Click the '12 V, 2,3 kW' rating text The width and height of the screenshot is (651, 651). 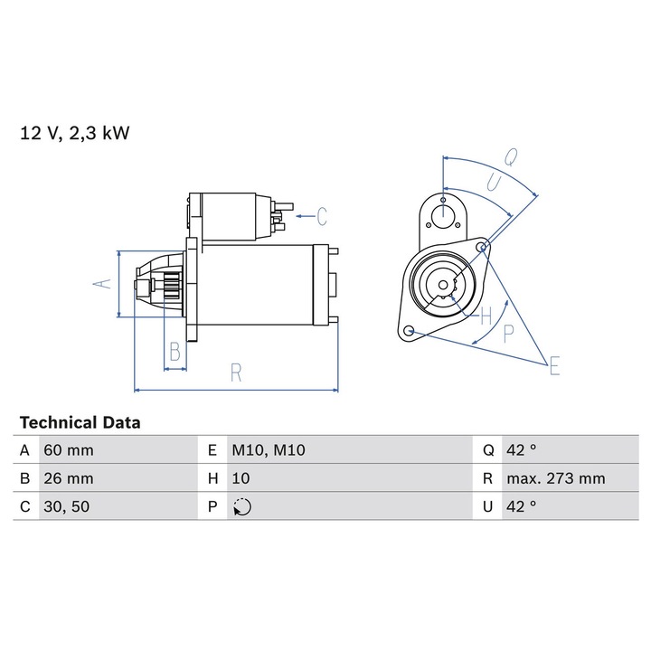click(75, 134)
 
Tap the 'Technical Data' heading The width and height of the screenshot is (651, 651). click(80, 422)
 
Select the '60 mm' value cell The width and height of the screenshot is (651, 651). click(69, 450)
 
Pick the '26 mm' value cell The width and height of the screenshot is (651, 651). click(69, 478)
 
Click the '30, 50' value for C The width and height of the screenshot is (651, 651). click(65, 506)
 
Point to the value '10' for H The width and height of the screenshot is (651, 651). click(241, 478)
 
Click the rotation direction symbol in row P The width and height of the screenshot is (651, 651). click(241, 507)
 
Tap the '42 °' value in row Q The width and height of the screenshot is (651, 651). click(522, 450)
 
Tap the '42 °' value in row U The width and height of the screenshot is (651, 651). click(522, 506)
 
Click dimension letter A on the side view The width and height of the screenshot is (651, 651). click(105, 283)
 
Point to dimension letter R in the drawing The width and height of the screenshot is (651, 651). click(236, 373)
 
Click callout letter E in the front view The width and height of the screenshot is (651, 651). click(553, 365)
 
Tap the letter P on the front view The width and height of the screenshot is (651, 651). click(508, 332)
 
